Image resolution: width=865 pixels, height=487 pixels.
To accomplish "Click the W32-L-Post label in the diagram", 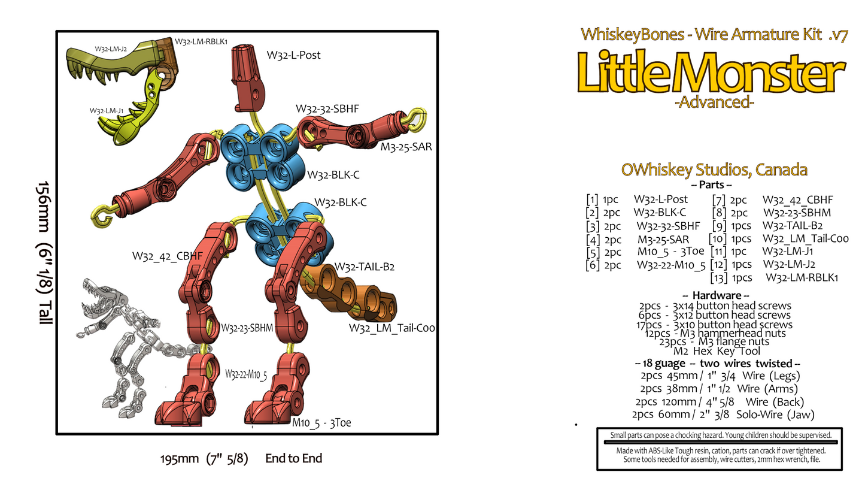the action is (x=293, y=55).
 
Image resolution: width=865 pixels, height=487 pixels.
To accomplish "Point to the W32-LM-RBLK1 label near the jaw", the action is (x=201, y=42).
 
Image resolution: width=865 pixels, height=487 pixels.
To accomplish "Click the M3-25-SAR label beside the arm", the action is (x=406, y=147).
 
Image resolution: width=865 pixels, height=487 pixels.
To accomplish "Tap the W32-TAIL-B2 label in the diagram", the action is (x=364, y=267).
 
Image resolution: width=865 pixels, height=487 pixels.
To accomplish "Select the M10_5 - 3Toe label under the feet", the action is (x=321, y=422).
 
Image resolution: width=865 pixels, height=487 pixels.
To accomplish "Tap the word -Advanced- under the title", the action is (x=714, y=102).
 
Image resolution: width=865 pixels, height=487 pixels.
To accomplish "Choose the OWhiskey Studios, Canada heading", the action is (x=714, y=170).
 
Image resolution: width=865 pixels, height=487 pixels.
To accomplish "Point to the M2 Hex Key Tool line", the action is (x=717, y=351).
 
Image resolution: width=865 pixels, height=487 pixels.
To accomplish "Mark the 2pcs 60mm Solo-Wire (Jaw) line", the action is (x=723, y=415).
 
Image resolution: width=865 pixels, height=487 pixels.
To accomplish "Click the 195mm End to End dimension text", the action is (x=241, y=458).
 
